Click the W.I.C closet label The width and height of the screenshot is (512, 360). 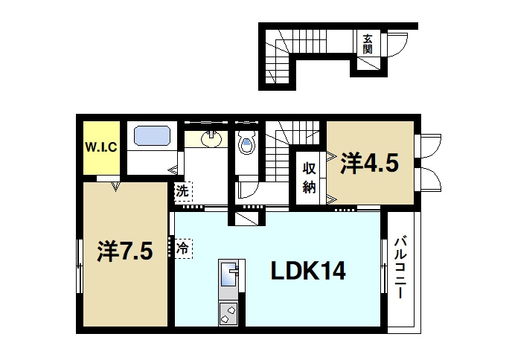(100, 147)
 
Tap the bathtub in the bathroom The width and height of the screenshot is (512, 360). (153, 137)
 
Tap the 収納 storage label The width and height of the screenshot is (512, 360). (310, 177)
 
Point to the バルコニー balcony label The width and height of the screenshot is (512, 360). (400, 269)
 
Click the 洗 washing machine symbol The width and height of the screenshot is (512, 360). (183, 191)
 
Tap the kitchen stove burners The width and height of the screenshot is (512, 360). (228, 313)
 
